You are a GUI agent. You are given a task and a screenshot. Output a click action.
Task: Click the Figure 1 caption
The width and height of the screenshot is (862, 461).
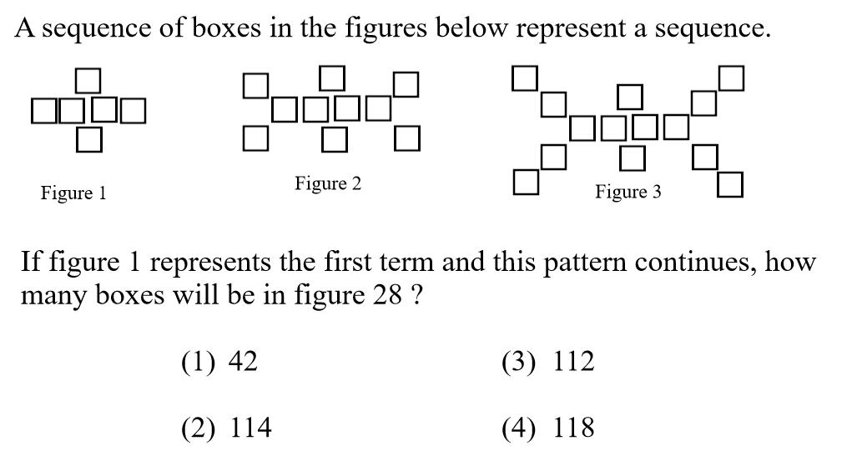73,193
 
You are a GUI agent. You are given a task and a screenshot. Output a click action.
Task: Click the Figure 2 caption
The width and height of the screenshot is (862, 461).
327,183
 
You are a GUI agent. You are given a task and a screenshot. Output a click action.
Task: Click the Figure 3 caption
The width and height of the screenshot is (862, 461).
628,193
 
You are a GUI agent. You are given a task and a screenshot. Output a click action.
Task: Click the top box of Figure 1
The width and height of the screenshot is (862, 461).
88,81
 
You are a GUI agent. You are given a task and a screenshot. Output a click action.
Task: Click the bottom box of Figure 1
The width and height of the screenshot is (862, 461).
88,138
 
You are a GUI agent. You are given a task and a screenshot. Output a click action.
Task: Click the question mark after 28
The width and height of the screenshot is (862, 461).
415,296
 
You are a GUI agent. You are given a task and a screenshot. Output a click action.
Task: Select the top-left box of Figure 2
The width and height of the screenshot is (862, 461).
256,85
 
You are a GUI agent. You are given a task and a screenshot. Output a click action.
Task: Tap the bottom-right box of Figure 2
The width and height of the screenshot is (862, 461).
406,138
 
